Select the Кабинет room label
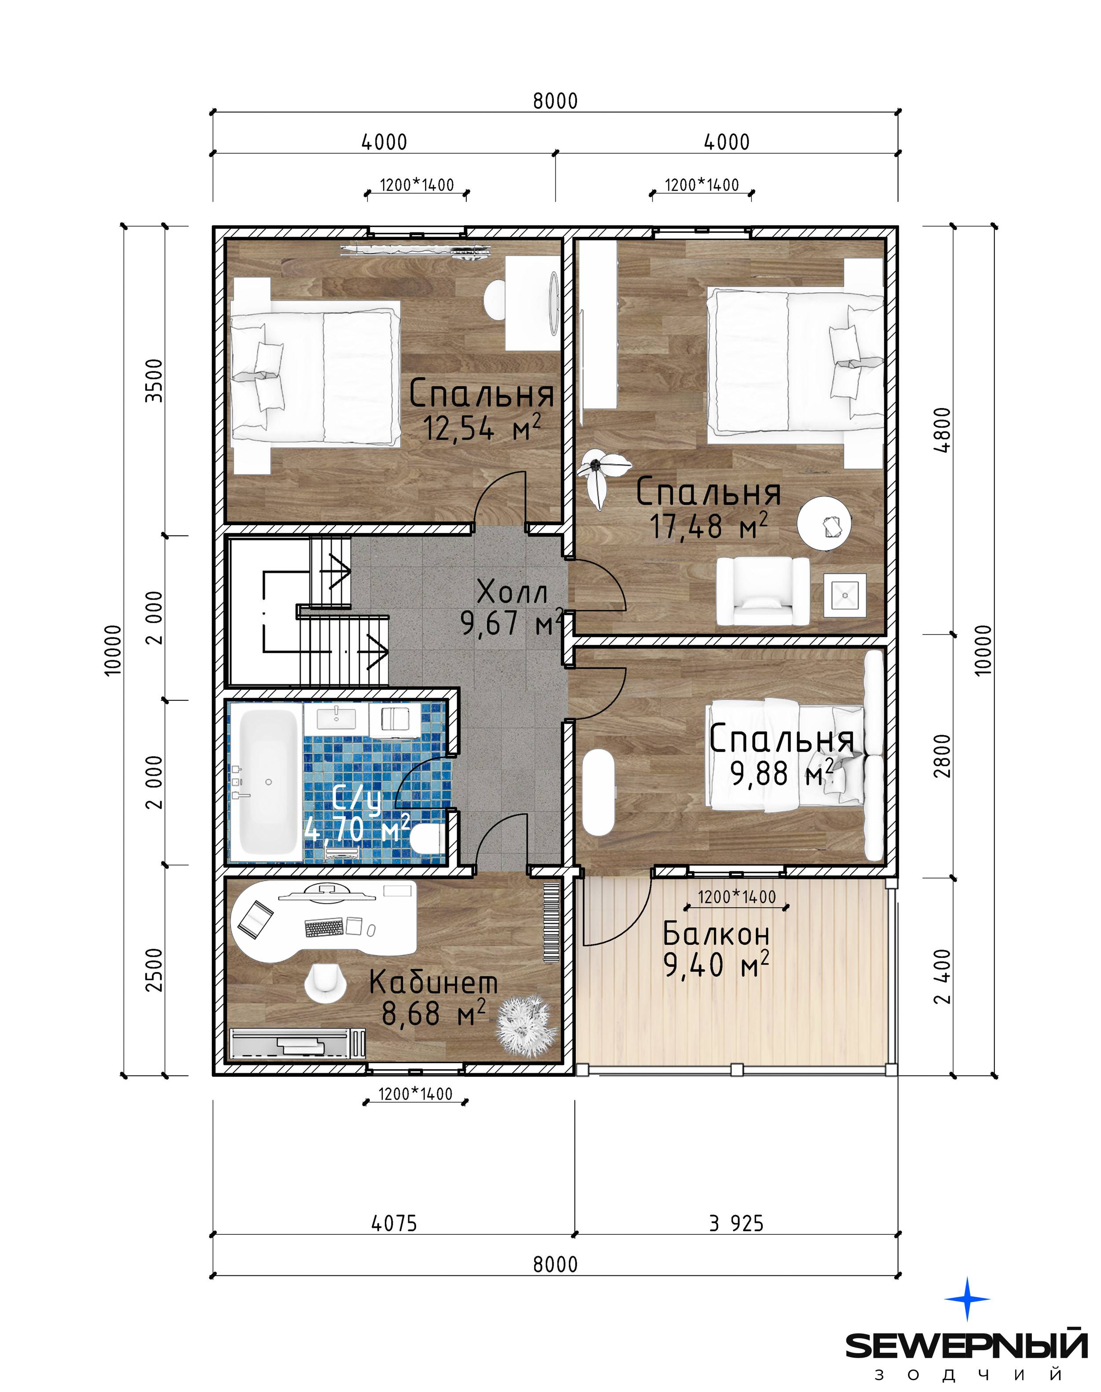coord(433,983)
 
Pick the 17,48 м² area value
coord(709,526)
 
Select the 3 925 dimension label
coord(736,1223)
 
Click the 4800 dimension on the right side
coord(942,430)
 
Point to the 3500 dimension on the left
coord(154,380)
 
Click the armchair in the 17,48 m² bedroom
coord(763,591)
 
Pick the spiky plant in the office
coord(525,1027)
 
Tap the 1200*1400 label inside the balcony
coord(737,896)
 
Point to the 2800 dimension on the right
coord(942,755)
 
